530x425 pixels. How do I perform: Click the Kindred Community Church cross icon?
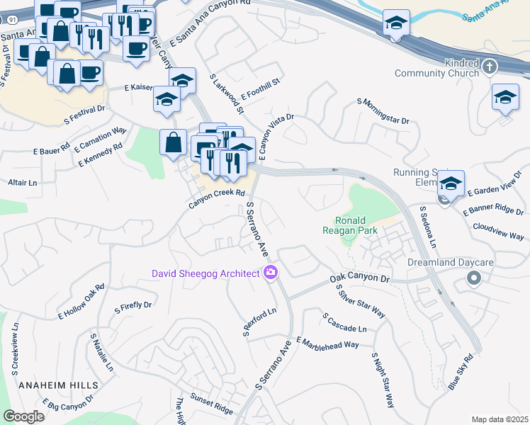[489, 67]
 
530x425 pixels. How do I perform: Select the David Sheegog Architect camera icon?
[270, 273]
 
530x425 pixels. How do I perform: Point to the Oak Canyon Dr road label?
[360, 281]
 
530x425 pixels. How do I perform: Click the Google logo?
[23, 416]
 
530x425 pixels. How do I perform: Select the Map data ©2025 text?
[500, 419]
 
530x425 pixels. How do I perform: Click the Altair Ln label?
[22, 183]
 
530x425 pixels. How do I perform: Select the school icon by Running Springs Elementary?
[451, 184]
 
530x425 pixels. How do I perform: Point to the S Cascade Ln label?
[344, 324]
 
